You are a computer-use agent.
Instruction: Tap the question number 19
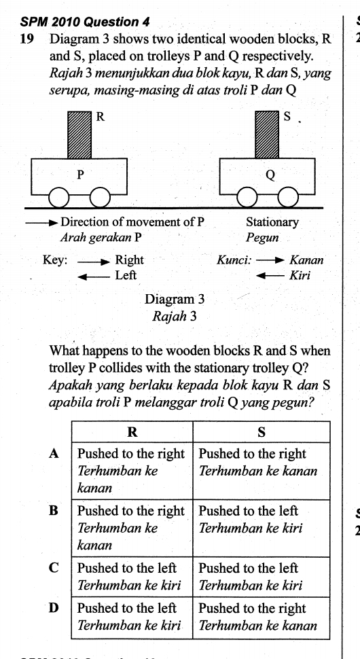click(27, 39)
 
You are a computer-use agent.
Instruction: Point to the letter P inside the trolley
click(80, 175)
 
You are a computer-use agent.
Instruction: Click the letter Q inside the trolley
click(270, 175)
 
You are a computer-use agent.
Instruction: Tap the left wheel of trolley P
click(60, 198)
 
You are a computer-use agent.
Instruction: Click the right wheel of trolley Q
click(289, 198)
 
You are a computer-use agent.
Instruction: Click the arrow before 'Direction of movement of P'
click(41, 222)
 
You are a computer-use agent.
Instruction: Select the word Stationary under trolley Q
click(272, 222)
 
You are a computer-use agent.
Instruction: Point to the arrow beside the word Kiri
click(269, 276)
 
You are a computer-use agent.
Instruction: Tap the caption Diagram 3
click(175, 298)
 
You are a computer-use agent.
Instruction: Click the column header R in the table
click(132, 432)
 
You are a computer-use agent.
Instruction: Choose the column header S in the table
click(262, 432)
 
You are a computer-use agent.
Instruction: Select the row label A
click(57, 453)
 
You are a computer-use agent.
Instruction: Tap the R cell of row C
click(132, 576)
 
